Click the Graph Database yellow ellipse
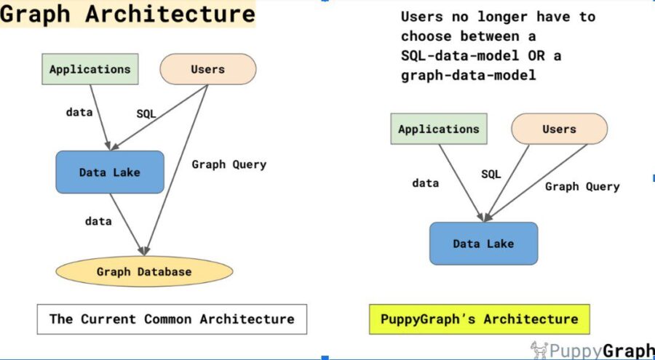[144, 272]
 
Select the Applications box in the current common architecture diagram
[90, 69]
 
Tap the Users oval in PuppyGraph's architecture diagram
[559, 129]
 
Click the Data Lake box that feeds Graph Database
[110, 172]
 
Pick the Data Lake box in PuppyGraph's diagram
[483, 244]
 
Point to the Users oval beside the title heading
[207, 69]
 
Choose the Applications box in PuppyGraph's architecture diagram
[439, 129]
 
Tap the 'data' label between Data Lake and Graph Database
[98, 220]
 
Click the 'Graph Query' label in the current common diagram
[229, 164]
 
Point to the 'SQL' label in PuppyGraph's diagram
[491, 174]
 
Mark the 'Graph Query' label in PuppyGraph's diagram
[582, 186]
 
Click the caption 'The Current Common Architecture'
[172, 319]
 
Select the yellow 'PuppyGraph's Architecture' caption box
[479, 319]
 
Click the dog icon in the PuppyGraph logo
[539, 349]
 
